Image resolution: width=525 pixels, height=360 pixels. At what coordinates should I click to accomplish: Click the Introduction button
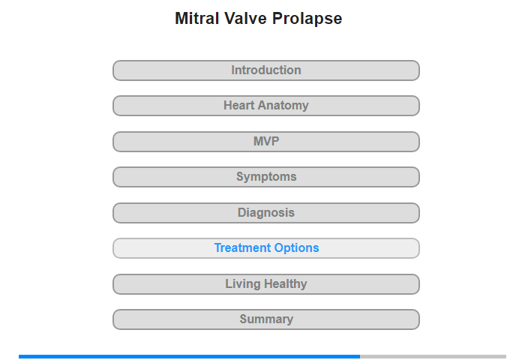(266, 70)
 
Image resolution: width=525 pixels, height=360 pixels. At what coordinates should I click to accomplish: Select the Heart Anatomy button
(266, 106)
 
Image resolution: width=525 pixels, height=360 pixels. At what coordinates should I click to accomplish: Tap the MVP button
(266, 142)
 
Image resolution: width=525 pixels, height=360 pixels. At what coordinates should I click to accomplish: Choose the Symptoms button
(266, 177)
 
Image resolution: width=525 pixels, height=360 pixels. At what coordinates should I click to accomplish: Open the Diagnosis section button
(266, 213)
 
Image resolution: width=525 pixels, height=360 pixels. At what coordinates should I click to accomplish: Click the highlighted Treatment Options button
(266, 248)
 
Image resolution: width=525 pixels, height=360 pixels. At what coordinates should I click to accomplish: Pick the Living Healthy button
(266, 284)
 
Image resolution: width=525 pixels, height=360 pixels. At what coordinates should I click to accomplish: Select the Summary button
(266, 319)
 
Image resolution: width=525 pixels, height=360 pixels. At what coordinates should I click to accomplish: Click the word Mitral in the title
(196, 19)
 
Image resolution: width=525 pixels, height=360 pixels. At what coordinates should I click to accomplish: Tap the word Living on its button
(243, 284)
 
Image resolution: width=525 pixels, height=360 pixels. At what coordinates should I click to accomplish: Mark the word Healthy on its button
(285, 284)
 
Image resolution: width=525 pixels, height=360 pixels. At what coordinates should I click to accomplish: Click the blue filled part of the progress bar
(190, 357)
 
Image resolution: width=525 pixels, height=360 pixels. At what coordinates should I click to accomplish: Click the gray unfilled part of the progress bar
(433, 357)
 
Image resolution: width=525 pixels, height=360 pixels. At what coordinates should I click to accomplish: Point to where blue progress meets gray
(360, 357)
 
